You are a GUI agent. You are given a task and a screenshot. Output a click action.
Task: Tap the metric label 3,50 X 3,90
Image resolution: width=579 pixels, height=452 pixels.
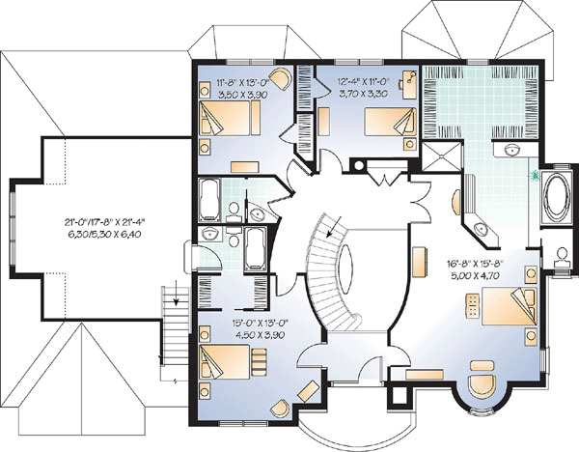[243, 95]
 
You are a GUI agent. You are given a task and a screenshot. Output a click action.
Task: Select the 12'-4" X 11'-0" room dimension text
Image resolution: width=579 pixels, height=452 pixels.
[363, 81]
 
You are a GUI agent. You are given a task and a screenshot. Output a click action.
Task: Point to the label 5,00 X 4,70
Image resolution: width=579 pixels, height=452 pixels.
[474, 275]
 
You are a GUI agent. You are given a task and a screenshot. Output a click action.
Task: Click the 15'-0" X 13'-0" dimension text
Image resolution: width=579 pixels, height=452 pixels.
[260, 323]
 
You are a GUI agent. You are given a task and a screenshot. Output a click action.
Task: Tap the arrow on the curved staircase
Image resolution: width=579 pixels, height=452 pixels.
[334, 226]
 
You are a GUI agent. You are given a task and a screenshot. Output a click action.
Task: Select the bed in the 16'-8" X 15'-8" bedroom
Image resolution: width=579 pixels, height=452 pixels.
[510, 306]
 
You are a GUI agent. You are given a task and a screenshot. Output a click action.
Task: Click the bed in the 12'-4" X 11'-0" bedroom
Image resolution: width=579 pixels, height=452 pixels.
[390, 122]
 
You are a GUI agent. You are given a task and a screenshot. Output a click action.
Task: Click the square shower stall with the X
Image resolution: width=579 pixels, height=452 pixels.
[442, 155]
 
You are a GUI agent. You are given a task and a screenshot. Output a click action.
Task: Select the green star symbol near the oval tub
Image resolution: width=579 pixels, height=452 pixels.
[535, 176]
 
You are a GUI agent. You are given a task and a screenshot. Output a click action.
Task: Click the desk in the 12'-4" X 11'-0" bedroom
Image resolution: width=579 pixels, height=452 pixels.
[409, 84]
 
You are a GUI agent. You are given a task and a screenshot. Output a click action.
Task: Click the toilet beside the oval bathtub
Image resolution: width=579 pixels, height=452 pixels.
[562, 257]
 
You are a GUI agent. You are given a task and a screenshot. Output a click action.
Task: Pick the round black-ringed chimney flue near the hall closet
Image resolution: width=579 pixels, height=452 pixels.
[359, 166]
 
